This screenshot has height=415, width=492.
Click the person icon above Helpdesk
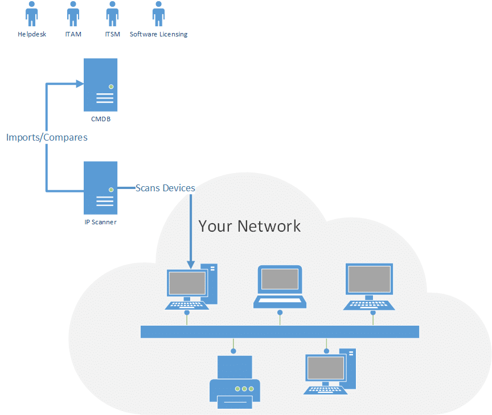32,14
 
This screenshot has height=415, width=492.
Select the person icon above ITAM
73,14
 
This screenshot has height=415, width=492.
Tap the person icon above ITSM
112,14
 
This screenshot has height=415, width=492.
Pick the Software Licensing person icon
158,14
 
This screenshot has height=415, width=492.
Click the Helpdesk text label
32,34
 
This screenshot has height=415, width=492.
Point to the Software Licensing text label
158,34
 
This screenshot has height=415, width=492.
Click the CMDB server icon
100,84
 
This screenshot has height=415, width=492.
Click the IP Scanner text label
100,222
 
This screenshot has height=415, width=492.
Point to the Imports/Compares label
47,137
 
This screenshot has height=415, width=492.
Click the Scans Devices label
165,188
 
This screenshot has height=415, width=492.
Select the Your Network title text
249,225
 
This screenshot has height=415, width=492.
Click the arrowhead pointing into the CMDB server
80,84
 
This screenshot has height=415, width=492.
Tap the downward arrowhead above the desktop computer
191,262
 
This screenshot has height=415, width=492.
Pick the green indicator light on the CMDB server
111,87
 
